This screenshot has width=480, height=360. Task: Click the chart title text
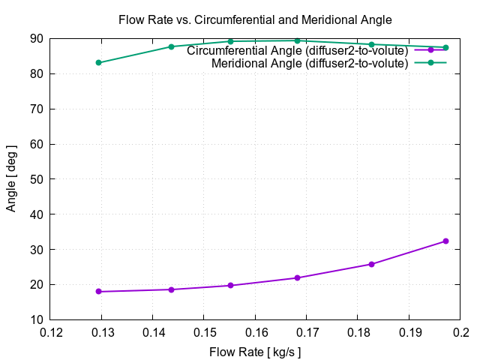(255, 19)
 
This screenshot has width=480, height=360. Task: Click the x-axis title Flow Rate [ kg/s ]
(255, 351)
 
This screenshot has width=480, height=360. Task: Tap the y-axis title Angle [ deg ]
(11, 178)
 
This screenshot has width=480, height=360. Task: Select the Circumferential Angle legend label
(297, 51)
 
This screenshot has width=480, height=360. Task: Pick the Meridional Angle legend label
(310, 63)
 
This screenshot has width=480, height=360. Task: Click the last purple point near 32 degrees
(445, 241)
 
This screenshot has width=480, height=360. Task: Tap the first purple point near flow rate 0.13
(98, 292)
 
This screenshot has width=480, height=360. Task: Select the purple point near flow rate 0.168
(297, 277)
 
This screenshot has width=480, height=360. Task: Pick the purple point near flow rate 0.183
(371, 264)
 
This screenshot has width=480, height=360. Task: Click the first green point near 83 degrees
(98, 62)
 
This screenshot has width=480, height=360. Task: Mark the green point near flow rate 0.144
(171, 46)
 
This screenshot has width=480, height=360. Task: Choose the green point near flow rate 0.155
(230, 41)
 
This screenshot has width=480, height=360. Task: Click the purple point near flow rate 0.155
(230, 285)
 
